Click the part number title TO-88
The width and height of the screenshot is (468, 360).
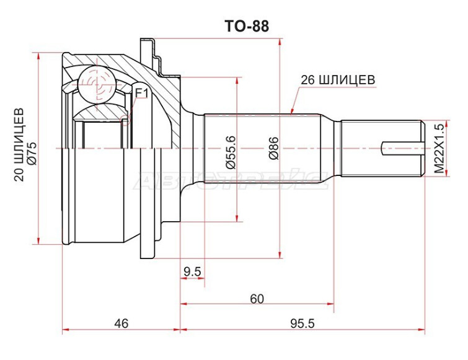[x=247, y=26]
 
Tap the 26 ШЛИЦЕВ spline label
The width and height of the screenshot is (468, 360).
[x=338, y=80]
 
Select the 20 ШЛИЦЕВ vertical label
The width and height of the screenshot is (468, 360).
[x=19, y=144]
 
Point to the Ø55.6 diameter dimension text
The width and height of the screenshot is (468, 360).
[x=231, y=152]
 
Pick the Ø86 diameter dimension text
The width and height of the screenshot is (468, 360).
[x=273, y=148]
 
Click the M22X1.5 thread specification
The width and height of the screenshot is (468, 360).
[x=439, y=147]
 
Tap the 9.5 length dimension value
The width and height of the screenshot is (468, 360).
[x=193, y=271]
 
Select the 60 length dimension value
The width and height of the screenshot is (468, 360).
[x=257, y=299]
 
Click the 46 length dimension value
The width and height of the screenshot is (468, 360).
[x=121, y=323]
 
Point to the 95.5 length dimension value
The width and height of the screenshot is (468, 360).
[x=302, y=323]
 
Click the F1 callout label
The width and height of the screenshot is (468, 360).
[x=141, y=94]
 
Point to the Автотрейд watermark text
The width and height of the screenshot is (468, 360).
[x=231, y=181]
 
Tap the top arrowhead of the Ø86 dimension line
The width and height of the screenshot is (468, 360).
[x=280, y=42]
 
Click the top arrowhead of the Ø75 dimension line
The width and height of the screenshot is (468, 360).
[x=38, y=56]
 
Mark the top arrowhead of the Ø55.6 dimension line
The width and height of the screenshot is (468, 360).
[x=237, y=81]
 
